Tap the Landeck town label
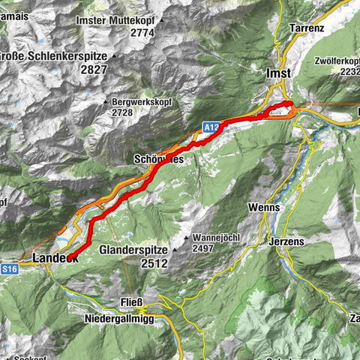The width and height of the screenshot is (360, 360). coord(55,258)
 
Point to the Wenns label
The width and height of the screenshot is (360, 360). coord(265,207)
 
